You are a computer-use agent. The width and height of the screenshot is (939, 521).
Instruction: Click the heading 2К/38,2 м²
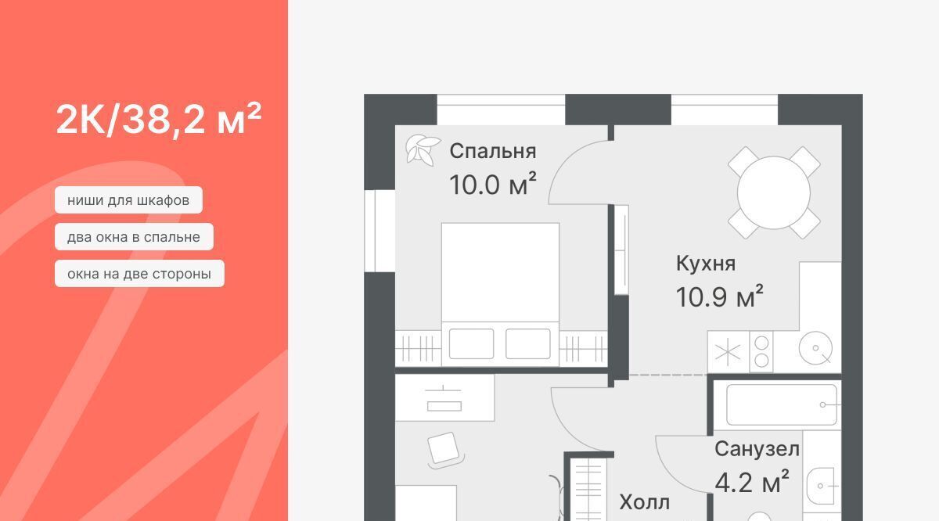click(158, 119)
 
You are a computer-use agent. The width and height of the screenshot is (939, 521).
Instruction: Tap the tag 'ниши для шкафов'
click(128, 200)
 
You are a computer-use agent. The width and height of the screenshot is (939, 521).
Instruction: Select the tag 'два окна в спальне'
click(134, 237)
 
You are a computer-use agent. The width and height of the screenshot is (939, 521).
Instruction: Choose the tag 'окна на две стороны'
click(139, 274)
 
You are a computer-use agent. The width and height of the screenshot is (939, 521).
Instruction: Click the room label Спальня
click(492, 151)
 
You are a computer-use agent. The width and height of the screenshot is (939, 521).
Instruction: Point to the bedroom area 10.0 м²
click(492, 184)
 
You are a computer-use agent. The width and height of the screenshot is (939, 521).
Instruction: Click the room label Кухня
click(706, 264)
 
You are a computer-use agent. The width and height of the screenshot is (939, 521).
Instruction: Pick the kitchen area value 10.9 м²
click(719, 296)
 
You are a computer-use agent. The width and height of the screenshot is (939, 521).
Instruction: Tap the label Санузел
click(757, 449)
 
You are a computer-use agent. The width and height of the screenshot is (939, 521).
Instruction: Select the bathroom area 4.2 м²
click(752, 482)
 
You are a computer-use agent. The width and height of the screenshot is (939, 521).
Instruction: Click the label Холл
click(645, 502)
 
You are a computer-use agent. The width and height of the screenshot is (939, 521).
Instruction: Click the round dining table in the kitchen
click(774, 192)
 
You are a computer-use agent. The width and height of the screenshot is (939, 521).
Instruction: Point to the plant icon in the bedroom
click(423, 150)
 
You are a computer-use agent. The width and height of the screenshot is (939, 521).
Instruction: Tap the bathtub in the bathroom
click(782, 405)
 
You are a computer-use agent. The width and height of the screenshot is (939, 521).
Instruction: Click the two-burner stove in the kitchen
click(761, 352)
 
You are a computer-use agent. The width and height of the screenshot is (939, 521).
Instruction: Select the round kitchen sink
click(815, 348)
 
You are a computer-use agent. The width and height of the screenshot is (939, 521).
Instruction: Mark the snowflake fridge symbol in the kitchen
click(729, 352)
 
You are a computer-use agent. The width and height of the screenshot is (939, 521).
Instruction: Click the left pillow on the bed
click(471, 343)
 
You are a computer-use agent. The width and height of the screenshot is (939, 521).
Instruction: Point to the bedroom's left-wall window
click(380, 231)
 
